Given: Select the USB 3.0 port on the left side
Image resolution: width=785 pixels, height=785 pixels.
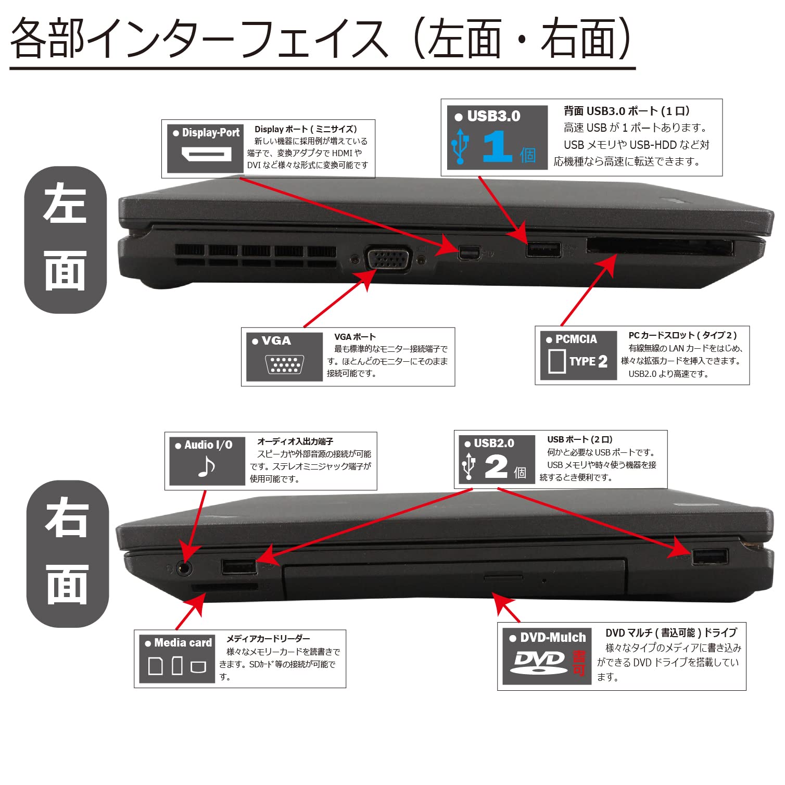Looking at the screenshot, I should [x=543, y=250].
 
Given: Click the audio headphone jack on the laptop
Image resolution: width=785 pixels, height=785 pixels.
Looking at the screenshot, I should [x=183, y=568].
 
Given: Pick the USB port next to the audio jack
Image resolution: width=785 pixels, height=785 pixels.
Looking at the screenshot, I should [x=239, y=566].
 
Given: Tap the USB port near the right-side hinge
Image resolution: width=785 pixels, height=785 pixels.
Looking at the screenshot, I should [x=710, y=556].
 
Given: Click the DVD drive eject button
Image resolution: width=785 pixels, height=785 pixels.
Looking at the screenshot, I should [x=503, y=577].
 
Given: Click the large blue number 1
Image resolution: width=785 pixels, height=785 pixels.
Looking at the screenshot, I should [x=497, y=147].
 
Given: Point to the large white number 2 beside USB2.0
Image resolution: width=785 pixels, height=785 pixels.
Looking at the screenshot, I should [x=496, y=466].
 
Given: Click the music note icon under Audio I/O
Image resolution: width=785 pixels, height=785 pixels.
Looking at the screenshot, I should [x=207, y=466].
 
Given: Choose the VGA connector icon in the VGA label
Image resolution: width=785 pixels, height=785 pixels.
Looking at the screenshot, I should [x=284, y=364].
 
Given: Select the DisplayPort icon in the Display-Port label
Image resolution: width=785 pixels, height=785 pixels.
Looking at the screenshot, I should [x=206, y=154].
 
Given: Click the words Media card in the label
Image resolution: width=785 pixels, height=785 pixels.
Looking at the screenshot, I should [x=183, y=643].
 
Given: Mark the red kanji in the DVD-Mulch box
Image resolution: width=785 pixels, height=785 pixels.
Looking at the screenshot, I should [x=579, y=663].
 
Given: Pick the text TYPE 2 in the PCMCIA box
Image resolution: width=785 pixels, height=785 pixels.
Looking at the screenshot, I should [x=588, y=361].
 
